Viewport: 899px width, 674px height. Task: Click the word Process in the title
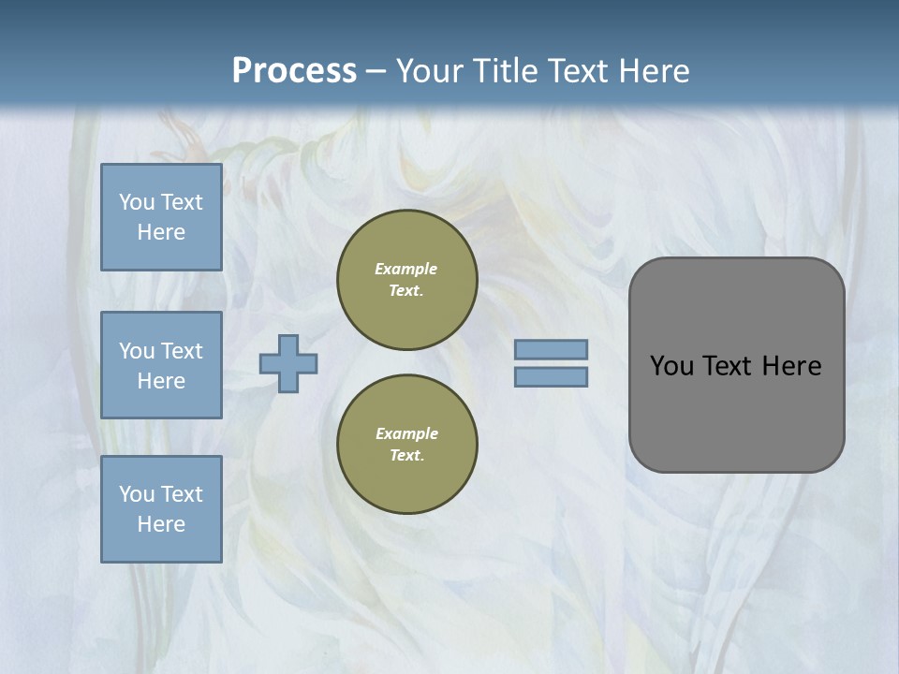pos(294,71)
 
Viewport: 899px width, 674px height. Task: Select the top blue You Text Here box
pos(161,217)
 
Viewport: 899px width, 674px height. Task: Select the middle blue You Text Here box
pos(161,365)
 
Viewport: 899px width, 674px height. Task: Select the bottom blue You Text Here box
pos(161,509)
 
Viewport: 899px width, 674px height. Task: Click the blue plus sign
pos(288,363)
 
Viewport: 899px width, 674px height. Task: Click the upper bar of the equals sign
pos(551,349)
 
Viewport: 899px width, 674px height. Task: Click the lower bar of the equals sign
pos(551,376)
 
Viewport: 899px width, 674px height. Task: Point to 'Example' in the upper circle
pos(406,269)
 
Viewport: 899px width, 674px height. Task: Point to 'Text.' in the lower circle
pos(406,455)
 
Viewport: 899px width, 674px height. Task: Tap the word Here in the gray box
pos(791,366)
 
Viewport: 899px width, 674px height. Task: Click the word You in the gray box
pos(671,366)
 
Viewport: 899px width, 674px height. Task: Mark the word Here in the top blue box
pos(161,232)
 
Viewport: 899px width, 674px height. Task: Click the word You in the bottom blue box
pos(137,494)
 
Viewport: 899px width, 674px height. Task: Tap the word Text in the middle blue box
pos(182,351)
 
